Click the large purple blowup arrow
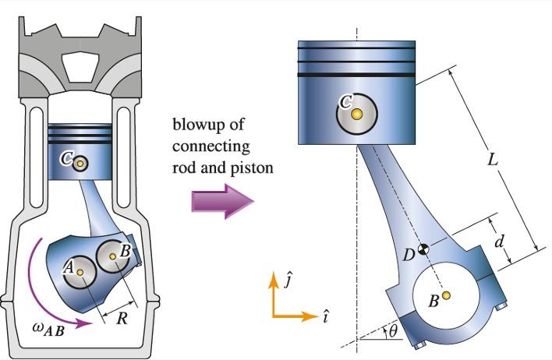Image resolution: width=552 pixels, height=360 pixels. pyautogui.click(x=222, y=202)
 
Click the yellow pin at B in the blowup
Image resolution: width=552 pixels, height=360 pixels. pyautogui.click(x=446, y=295)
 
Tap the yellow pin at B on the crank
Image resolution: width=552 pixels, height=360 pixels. pyautogui.click(x=113, y=256)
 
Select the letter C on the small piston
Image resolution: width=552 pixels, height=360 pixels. pyautogui.click(x=67, y=159)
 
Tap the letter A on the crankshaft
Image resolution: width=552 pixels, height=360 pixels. pyautogui.click(x=69, y=266)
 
